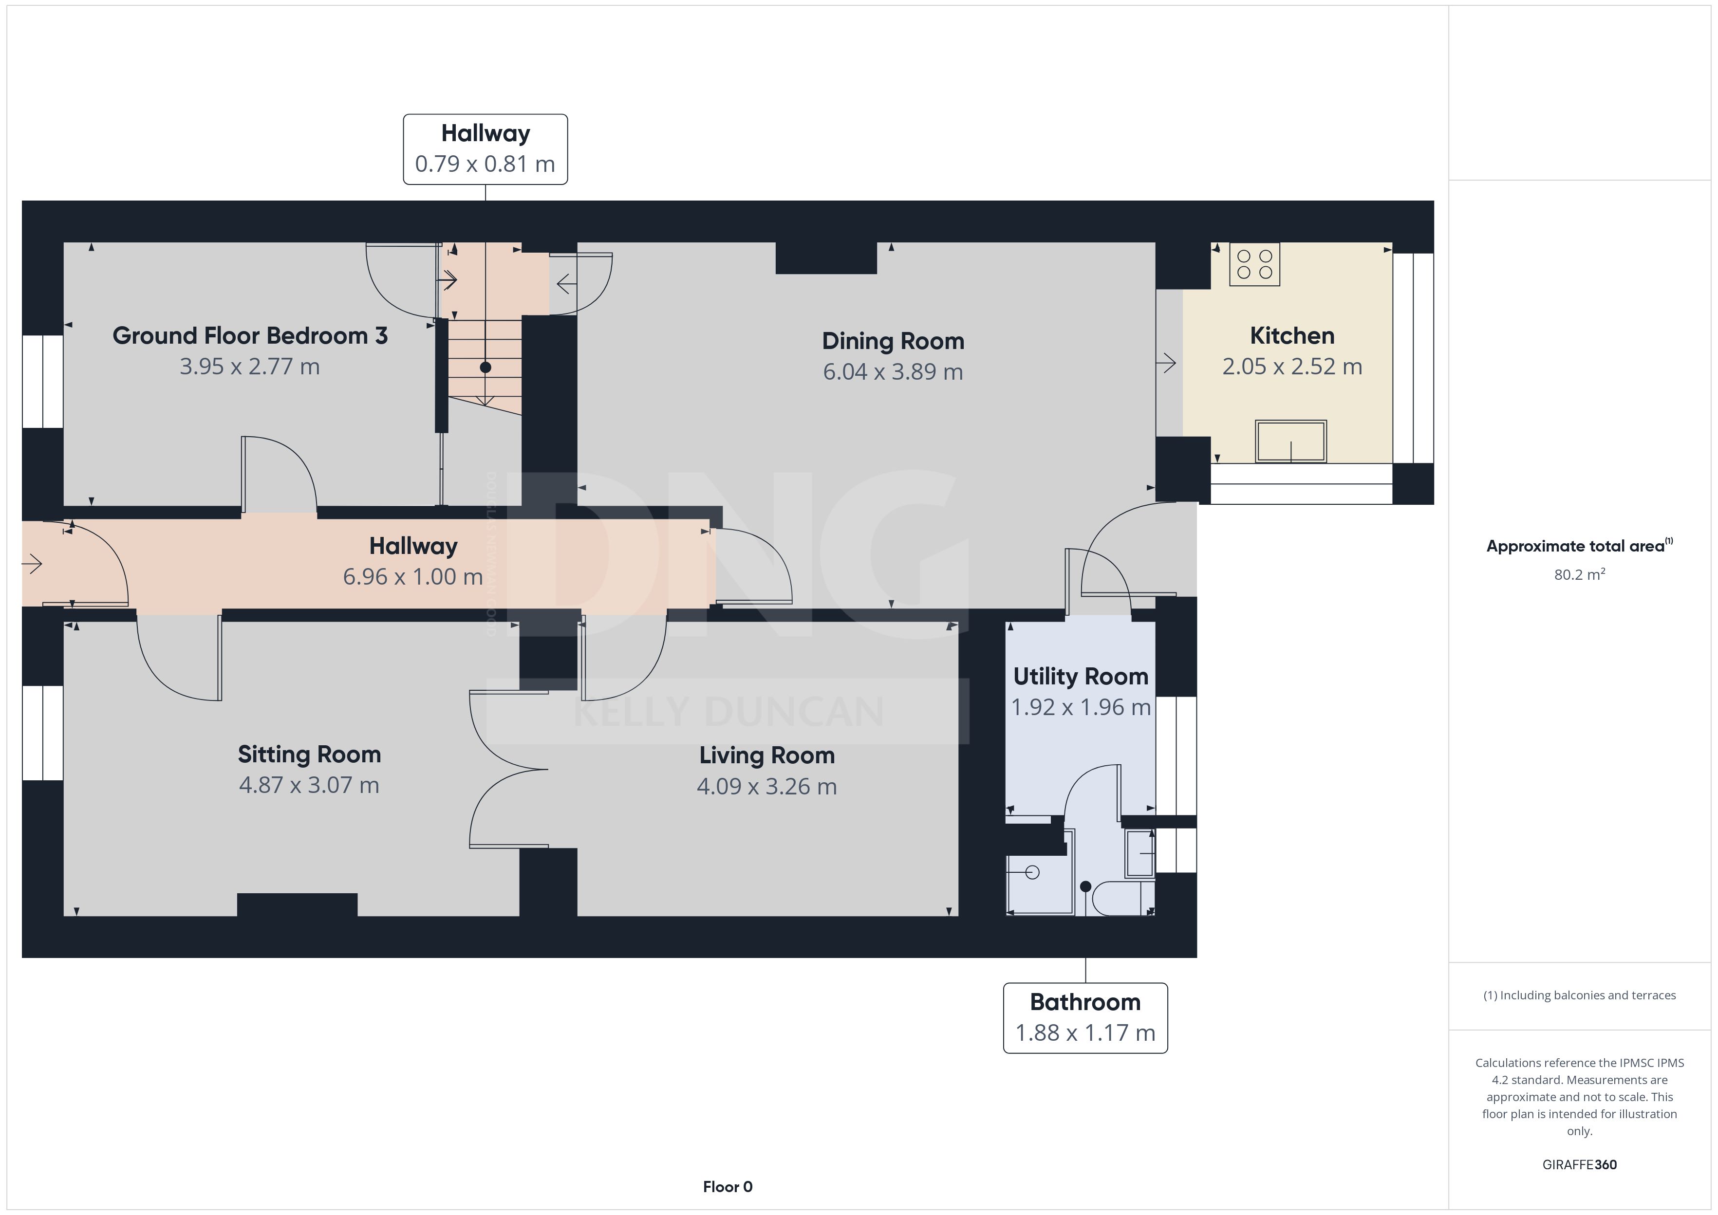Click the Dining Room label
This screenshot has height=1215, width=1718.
click(893, 341)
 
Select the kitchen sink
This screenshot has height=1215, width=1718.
click(1291, 442)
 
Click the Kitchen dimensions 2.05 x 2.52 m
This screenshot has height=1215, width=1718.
click(1292, 367)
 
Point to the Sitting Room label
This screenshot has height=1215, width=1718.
click(309, 754)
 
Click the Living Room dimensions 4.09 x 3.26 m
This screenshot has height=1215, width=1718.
click(767, 786)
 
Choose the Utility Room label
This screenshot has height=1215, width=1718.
click(1081, 676)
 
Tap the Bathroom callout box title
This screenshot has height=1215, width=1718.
click(1085, 1002)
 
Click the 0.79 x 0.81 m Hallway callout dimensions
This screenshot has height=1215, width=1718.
click(485, 164)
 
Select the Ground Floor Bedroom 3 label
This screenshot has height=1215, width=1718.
click(250, 336)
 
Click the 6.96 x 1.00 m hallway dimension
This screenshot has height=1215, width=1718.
click(413, 577)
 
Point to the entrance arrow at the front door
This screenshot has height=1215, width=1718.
click(32, 563)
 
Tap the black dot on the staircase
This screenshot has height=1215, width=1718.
click(486, 368)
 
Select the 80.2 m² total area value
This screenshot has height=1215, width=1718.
click(1580, 574)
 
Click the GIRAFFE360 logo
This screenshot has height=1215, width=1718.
click(1580, 1165)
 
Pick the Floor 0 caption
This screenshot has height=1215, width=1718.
click(728, 1187)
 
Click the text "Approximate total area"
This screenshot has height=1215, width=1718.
click(1575, 546)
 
